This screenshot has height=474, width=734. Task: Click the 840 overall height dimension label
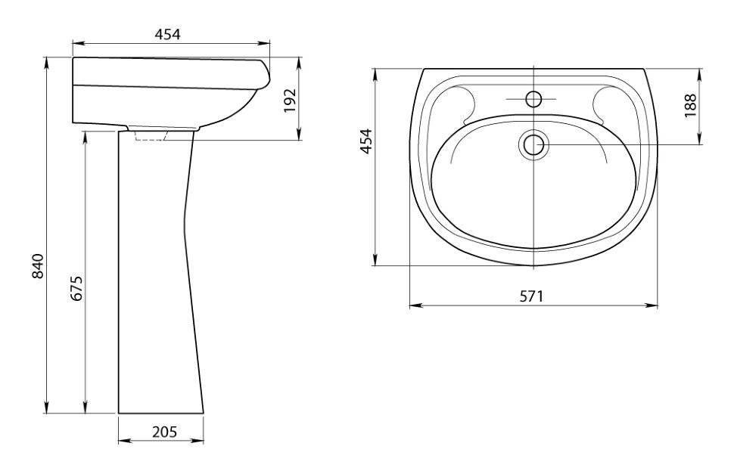pyautogui.click(x=37, y=265)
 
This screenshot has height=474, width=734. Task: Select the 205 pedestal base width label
pyautogui.click(x=164, y=432)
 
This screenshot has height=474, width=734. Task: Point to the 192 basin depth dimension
pyautogui.click(x=291, y=100)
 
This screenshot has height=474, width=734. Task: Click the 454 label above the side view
pyautogui.click(x=167, y=34)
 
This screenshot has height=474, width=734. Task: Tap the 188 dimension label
pyautogui.click(x=690, y=106)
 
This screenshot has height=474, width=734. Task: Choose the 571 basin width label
pyautogui.click(x=532, y=296)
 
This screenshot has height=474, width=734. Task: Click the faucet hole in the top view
pyautogui.click(x=533, y=99)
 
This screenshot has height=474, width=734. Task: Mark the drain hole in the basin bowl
pyautogui.click(x=533, y=144)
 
